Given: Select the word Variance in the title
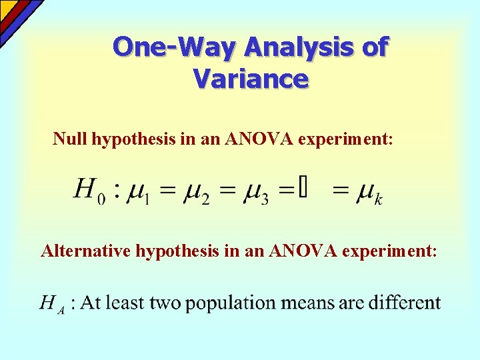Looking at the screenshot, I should pyautogui.click(x=251, y=79).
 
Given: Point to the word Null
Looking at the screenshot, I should pyautogui.click(x=71, y=139).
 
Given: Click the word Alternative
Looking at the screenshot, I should pyautogui.click(x=86, y=251).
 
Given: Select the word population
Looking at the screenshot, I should pyautogui.click(x=232, y=304).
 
